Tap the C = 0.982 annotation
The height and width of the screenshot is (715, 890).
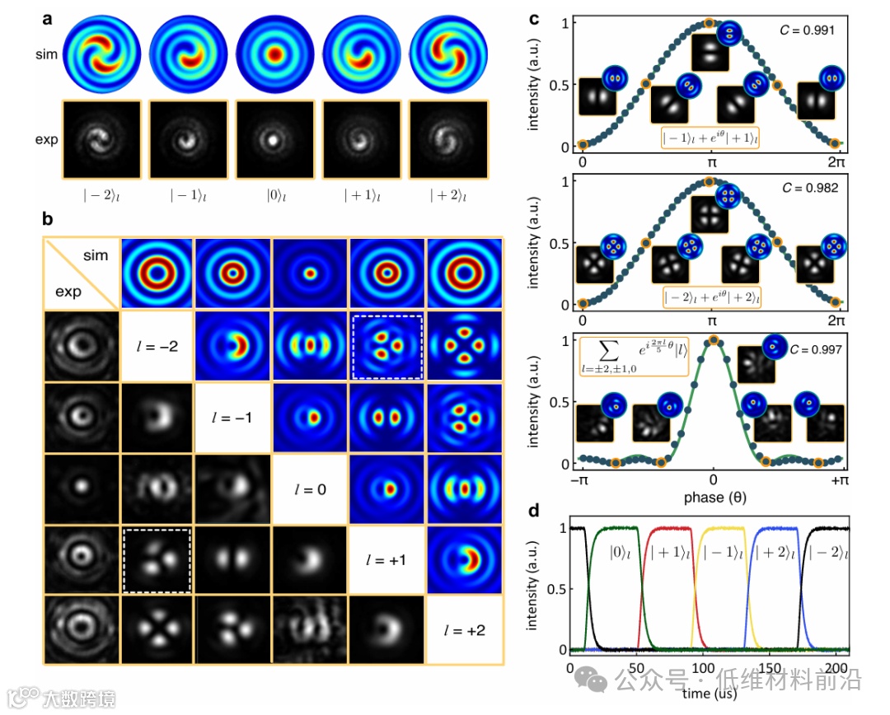coord(810,188)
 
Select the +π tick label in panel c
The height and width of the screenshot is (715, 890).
coord(840,480)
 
